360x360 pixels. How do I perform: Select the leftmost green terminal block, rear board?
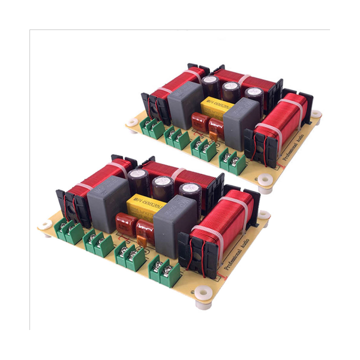151,128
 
